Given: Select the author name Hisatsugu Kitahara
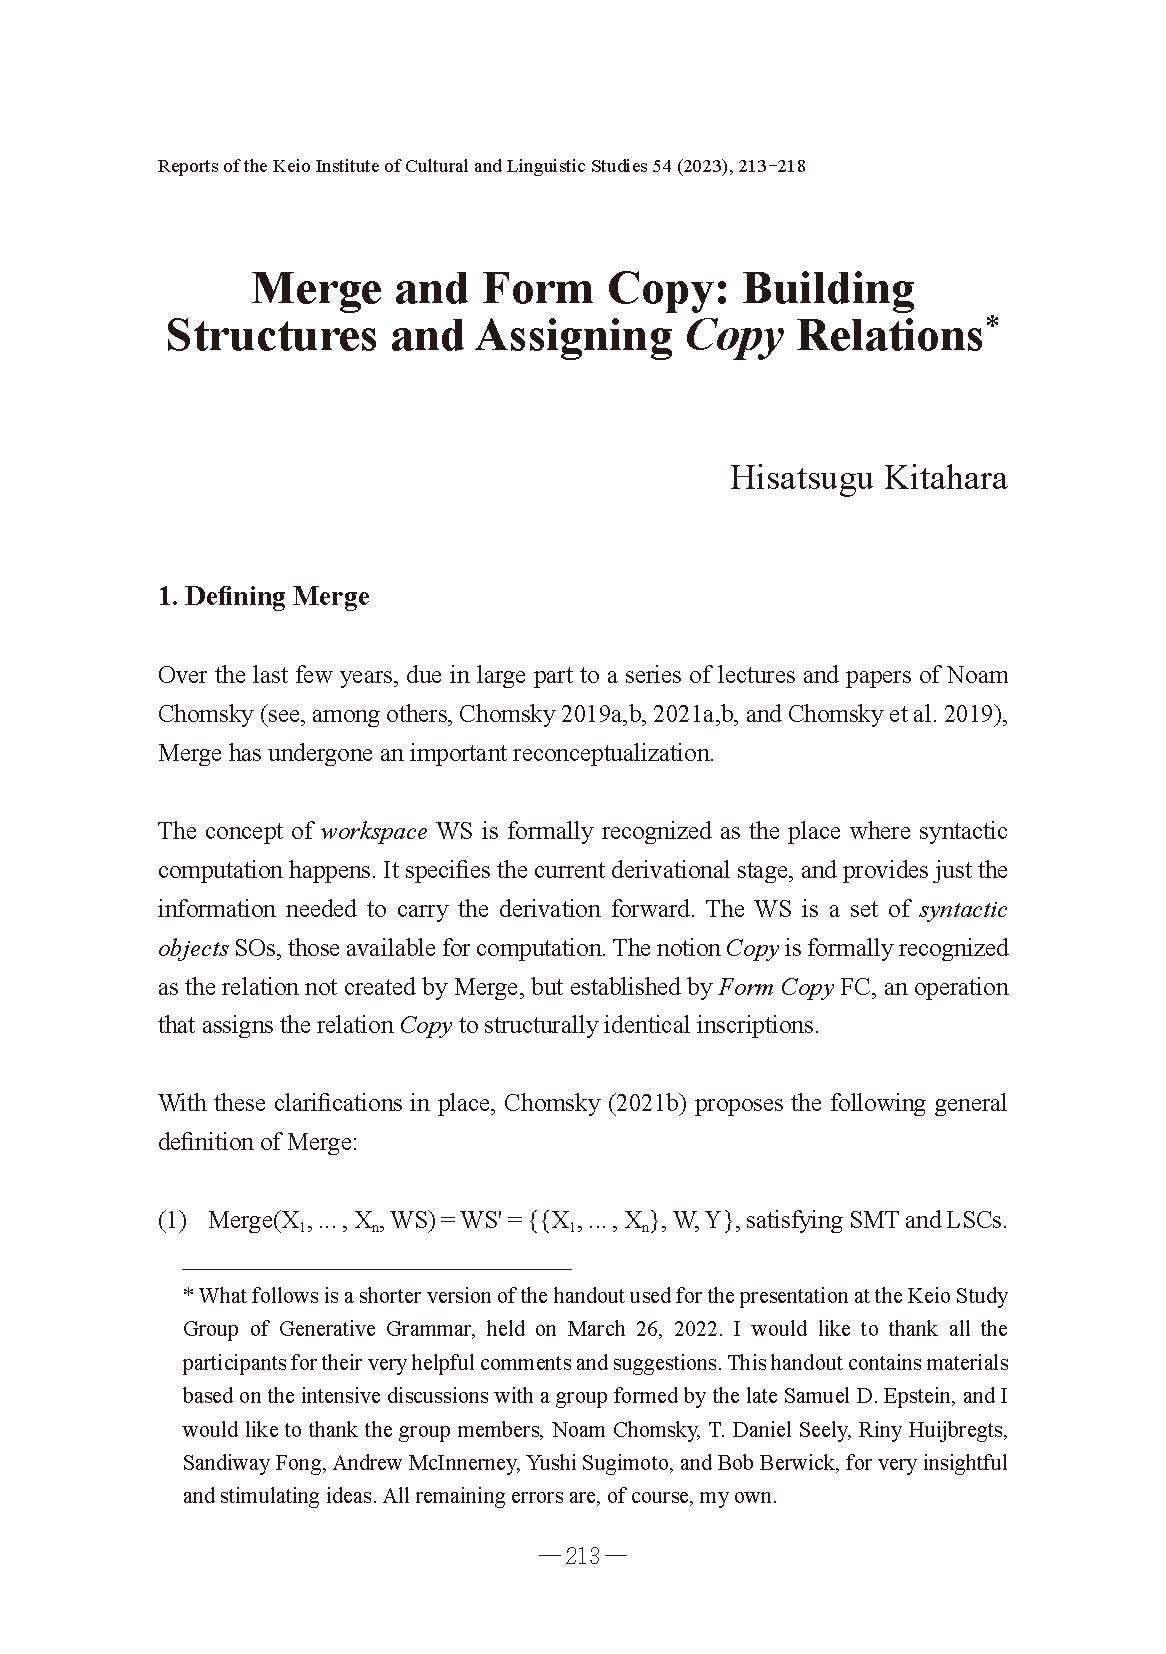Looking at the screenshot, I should click(867, 477).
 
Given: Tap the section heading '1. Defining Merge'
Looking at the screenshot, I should click(264, 597).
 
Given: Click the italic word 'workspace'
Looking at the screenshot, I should click(374, 831).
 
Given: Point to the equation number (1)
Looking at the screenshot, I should click(172, 1220).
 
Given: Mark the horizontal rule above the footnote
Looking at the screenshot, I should click(364, 1267).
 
